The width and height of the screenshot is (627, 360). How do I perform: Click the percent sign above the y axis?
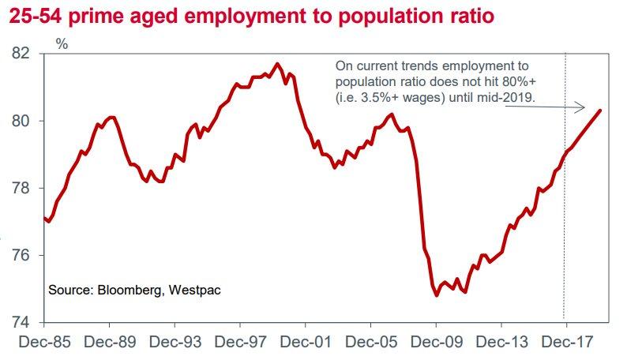pyautogui.click(x=62, y=44)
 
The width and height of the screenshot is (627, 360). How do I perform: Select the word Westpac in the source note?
pyautogui.click(x=194, y=291)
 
